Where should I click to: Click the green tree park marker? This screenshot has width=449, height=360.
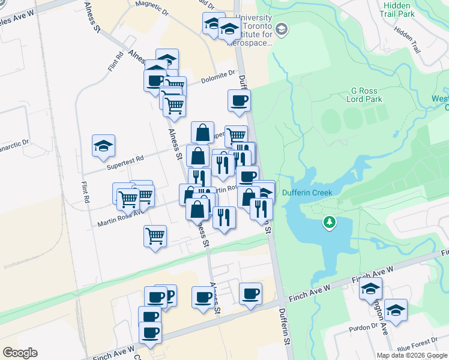point(329,223)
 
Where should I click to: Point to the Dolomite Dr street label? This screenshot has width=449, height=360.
point(218,75)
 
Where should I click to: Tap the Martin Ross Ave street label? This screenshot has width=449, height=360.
point(120,218)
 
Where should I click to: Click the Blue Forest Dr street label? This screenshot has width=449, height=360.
point(415,347)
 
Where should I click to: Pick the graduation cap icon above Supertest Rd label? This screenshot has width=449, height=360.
point(103,145)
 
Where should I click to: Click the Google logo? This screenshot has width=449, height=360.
point(20,353)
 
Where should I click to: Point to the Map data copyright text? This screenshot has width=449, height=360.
point(412,355)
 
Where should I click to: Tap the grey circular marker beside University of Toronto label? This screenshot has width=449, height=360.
point(282,29)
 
